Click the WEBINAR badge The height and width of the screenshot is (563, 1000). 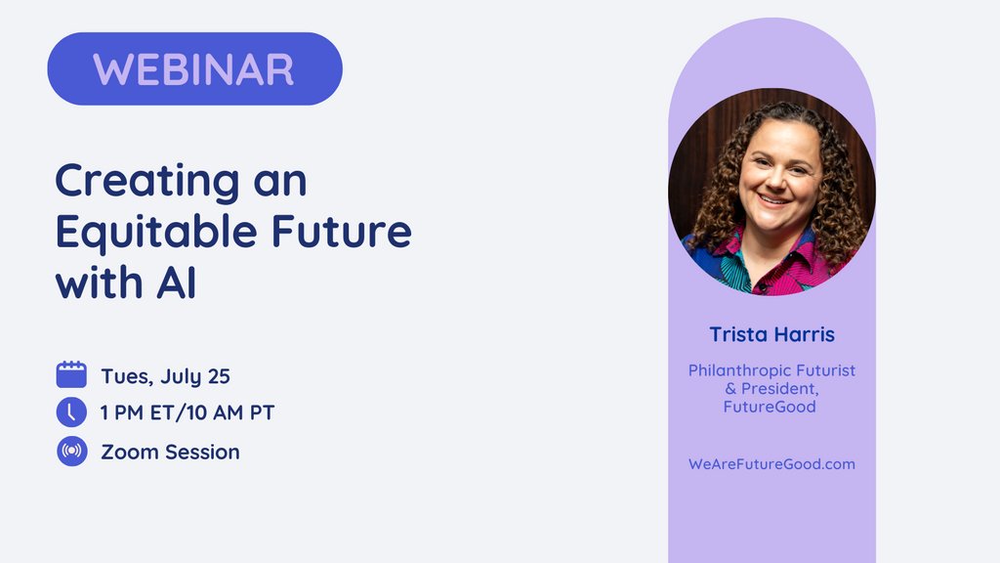pyautogui.click(x=194, y=68)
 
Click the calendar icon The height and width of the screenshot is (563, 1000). pyautogui.click(x=71, y=375)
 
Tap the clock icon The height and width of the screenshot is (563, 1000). pyautogui.click(x=71, y=412)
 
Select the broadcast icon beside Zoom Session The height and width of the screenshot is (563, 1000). pyautogui.click(x=71, y=452)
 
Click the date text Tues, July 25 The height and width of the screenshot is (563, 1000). pyautogui.click(x=165, y=376)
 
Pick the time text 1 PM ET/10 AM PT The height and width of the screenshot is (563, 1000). pyautogui.click(x=187, y=413)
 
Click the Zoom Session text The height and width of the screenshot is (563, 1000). pyautogui.click(x=170, y=452)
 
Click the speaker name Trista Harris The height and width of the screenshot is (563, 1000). pyautogui.click(x=771, y=334)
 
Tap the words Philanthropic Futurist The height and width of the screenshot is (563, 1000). pyautogui.click(x=771, y=370)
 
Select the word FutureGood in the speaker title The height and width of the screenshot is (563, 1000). pyautogui.click(x=771, y=407)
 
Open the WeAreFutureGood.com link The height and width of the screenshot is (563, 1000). pyautogui.click(x=771, y=463)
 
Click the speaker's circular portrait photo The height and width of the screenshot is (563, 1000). pyautogui.click(x=771, y=192)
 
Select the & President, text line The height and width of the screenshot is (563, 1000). pyautogui.click(x=771, y=389)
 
